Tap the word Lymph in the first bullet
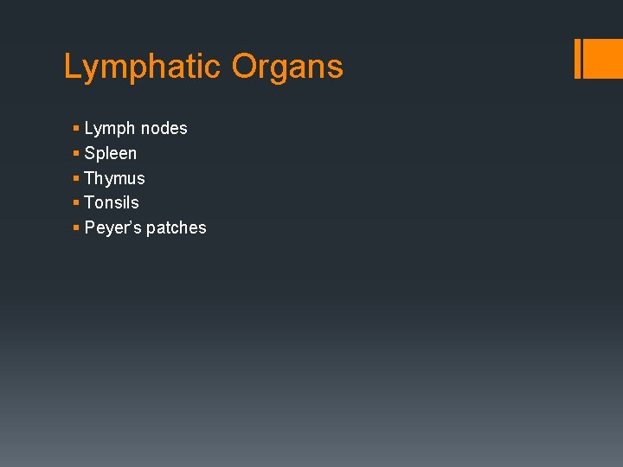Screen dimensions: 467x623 110,129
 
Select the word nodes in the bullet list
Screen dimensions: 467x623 164,129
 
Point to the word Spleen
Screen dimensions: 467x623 110,154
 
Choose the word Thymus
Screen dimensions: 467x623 114,179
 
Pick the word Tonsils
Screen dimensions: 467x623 112,202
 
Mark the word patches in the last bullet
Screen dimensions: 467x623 177,228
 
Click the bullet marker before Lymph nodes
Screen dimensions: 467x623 76,129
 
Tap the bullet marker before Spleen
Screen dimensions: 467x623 76,153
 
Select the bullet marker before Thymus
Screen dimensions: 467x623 76,178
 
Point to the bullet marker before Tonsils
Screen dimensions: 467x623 76,202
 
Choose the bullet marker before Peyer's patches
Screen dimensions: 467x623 76,227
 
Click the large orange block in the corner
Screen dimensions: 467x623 604,58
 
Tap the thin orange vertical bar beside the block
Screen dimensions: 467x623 577,58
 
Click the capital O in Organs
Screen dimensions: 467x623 241,67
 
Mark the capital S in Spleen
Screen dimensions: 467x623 90,154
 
